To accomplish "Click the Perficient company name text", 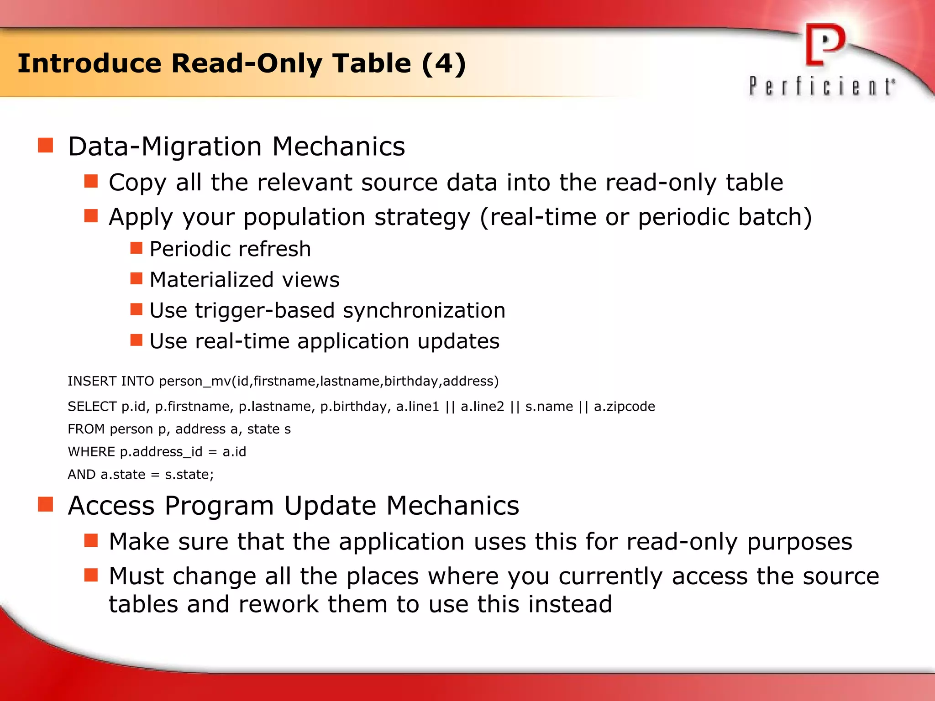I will [x=822, y=86].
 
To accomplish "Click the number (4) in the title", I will [x=443, y=63].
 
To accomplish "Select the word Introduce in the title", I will [x=89, y=63].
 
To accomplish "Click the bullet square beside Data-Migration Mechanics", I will [x=46, y=146].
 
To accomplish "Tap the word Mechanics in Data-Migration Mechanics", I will [x=338, y=147].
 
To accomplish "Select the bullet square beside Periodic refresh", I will [x=136, y=248].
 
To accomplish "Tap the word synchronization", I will [x=424, y=311].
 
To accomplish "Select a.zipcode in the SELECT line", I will [x=624, y=406].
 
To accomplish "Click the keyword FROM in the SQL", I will [x=86, y=429].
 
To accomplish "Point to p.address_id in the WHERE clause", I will [x=161, y=452].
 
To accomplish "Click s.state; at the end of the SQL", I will [x=189, y=475].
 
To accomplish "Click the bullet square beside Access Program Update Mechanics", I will [x=46, y=505].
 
